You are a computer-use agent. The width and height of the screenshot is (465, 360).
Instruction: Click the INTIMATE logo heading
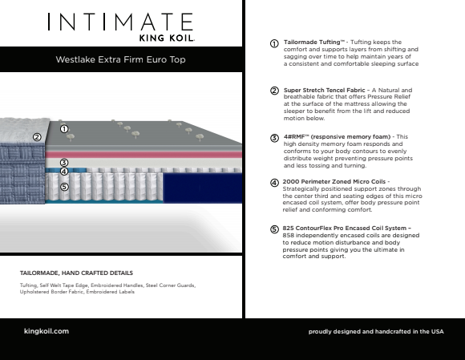click(x=120, y=22)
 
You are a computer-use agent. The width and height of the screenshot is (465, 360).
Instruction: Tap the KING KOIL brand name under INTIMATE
click(x=167, y=38)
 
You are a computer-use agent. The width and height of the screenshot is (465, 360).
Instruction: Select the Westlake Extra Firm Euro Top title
click(x=121, y=59)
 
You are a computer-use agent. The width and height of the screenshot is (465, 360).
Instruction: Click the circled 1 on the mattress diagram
click(x=64, y=129)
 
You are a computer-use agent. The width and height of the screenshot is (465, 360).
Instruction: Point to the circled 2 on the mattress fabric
click(x=37, y=137)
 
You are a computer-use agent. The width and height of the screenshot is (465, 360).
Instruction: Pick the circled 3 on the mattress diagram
click(x=64, y=163)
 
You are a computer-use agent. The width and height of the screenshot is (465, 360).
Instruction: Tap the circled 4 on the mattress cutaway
click(x=64, y=172)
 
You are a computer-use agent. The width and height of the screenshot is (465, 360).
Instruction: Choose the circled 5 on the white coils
click(x=64, y=187)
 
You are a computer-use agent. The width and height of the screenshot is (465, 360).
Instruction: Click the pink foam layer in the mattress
click(x=144, y=155)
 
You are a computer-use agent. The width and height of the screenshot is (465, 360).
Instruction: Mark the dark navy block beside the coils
click(x=203, y=188)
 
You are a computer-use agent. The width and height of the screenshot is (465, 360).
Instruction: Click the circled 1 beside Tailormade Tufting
click(x=274, y=43)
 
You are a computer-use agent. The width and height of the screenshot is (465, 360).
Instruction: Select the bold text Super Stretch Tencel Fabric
click(x=324, y=90)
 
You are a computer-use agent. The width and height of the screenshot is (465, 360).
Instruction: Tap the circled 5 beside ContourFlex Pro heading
click(x=274, y=229)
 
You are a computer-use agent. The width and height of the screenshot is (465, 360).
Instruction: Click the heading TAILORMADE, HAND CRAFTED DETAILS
click(x=76, y=273)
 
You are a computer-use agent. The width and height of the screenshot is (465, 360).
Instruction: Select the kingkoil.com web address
click(x=46, y=331)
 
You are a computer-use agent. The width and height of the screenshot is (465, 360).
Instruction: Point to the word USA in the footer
click(x=438, y=331)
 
